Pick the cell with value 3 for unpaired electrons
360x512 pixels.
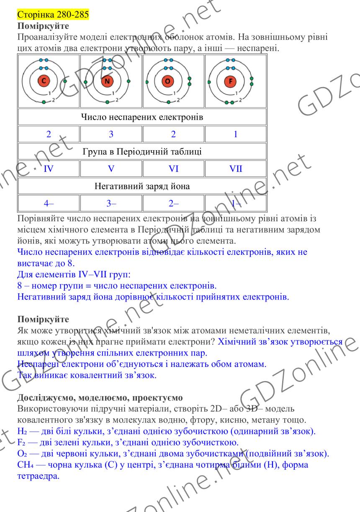(111, 134)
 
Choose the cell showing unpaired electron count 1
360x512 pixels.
(236, 134)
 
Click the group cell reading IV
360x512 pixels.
(49, 169)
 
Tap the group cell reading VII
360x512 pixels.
(236, 169)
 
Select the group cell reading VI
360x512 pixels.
(173, 169)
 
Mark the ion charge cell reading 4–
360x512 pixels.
(49, 204)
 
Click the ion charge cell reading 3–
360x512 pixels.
(111, 204)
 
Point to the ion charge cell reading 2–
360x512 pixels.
(173, 204)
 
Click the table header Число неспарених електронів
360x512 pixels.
(142, 117)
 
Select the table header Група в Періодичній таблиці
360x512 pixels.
(142, 152)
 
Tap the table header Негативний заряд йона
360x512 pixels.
(142, 187)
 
